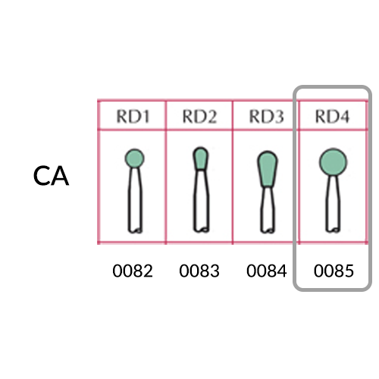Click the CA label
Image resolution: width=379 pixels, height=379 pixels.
tap(51, 176)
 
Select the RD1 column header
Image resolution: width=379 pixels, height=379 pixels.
tap(133, 117)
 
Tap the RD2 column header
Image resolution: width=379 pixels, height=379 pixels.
tap(199, 117)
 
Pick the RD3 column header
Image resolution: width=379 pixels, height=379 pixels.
tap(267, 117)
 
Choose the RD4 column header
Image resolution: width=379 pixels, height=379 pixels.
tap(333, 117)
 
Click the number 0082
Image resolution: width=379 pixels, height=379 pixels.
tap(133, 271)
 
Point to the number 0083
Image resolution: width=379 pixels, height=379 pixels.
tap(199, 271)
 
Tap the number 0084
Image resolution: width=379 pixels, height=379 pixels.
tap(267, 271)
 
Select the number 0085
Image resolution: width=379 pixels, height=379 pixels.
tap(334, 271)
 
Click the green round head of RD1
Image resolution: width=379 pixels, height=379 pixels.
tap(134, 158)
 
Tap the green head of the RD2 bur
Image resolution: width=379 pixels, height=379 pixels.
tap(201, 158)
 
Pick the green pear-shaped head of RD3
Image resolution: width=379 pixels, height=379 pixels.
tap(268, 169)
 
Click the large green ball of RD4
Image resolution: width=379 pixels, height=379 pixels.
tap(333, 162)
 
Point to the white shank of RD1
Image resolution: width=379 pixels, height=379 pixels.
tap(135, 199)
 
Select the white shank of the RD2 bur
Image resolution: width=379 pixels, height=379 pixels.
tap(201, 201)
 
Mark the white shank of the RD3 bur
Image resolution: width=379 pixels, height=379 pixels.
tap(268, 210)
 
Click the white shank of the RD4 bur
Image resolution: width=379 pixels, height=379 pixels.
tap(333, 204)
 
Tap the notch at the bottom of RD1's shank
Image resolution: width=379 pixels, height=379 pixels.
tap(138, 230)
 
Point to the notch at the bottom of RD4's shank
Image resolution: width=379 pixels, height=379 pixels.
tap(336, 230)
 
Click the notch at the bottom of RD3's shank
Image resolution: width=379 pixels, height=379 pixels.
tap(271, 230)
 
